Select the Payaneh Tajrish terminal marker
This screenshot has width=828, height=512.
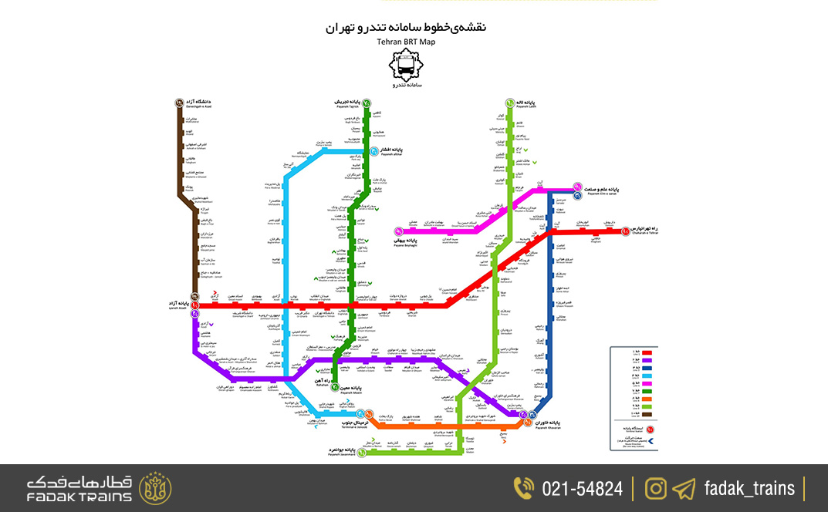pos(367,103)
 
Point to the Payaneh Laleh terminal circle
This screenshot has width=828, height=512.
pos(510,103)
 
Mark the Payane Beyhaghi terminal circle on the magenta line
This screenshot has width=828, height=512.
pos(399,231)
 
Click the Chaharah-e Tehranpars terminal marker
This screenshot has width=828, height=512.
pos(625,230)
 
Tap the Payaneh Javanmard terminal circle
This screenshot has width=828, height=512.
pos(361,452)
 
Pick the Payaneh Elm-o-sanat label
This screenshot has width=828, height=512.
pos(607,190)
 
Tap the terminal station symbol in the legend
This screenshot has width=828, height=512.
pos(651,428)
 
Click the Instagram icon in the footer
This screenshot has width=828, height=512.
pos(656,488)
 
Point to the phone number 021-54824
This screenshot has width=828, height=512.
pos(582,488)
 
